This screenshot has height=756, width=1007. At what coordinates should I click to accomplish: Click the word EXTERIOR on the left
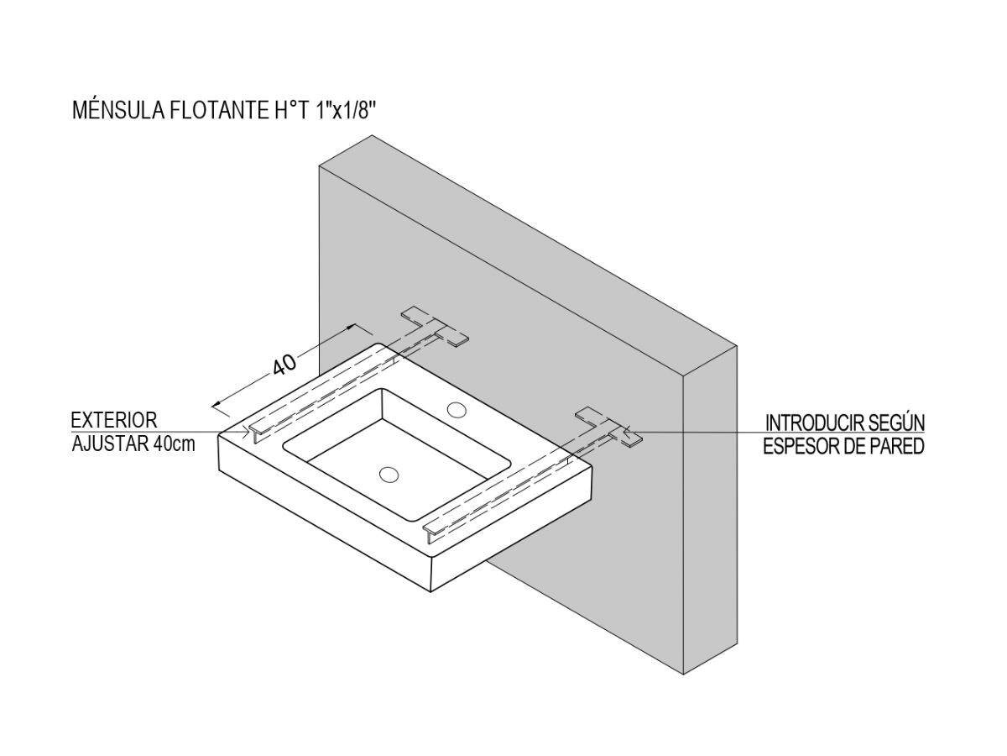[113, 421]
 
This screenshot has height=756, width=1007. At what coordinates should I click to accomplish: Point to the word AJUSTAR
[110, 444]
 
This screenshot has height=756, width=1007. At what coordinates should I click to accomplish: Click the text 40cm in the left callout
[175, 444]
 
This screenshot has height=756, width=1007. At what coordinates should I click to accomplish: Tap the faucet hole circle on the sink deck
[457, 410]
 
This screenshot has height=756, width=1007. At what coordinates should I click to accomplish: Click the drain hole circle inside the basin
[389, 475]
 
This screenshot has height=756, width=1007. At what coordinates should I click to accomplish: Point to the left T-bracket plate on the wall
[434, 327]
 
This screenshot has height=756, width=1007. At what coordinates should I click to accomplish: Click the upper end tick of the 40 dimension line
[357, 328]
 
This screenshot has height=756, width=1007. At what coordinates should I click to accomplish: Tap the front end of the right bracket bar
[431, 530]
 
